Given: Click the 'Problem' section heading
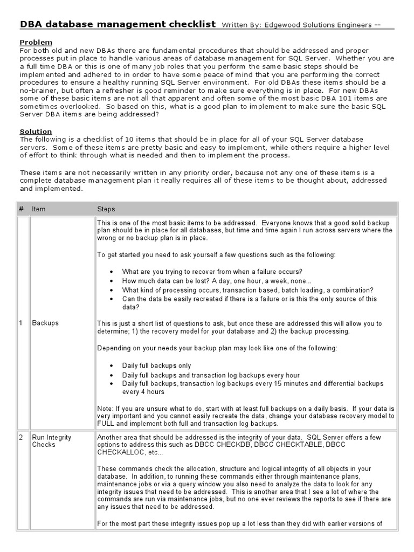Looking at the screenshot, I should (36, 42).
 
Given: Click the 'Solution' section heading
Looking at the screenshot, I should (36, 132).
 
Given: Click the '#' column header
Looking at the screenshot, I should (21, 209).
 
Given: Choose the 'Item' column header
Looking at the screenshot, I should (39, 209).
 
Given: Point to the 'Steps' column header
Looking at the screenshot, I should (106, 209).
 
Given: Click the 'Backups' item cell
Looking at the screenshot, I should (45, 323).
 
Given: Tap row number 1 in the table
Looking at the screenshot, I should (21, 323).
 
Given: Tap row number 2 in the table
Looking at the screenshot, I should (21, 437).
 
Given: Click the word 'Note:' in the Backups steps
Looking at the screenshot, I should (105, 409).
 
